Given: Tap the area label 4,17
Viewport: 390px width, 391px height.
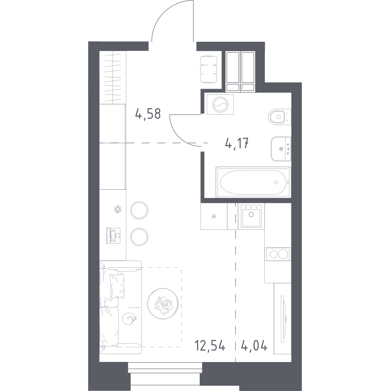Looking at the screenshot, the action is pos(237,144).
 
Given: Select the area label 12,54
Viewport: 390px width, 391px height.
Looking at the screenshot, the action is pos(210,347).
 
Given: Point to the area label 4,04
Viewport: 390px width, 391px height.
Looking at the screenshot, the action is pos(254,347).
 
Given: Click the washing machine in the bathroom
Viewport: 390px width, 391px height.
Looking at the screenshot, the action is pos(220,105).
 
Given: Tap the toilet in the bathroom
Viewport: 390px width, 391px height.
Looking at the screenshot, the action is pos(279,117).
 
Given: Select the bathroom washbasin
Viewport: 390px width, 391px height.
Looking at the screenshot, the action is pos(281,149).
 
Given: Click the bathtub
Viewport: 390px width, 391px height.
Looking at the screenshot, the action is pos(253,182).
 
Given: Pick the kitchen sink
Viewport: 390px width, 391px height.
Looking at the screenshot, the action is pos(251,216).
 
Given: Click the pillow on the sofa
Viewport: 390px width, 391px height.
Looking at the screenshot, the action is pos(117,286).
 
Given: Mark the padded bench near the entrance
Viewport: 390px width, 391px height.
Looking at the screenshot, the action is pos(209,69).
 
